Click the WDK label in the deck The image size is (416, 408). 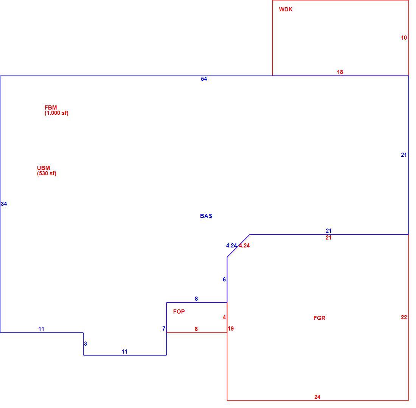pyautogui.click(x=286, y=9)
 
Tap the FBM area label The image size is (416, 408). pyautogui.click(x=50, y=107)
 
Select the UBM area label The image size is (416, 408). pyautogui.click(x=43, y=168)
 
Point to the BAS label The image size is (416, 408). pyautogui.click(x=206, y=216)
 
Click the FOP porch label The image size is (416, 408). pyautogui.click(x=179, y=312)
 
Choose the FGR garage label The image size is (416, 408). pyautogui.click(x=319, y=318)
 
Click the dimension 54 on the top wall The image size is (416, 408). pyautogui.click(x=204, y=79)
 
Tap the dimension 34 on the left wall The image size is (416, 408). pyautogui.click(x=4, y=204)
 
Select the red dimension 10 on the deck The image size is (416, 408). pyautogui.click(x=404, y=38)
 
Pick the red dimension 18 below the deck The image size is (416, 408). pyautogui.click(x=340, y=72)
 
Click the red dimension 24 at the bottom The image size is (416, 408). pyautogui.click(x=317, y=397)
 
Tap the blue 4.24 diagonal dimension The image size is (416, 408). pyautogui.click(x=231, y=246)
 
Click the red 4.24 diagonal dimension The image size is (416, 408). pyautogui.click(x=244, y=246)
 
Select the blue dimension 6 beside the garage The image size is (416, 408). pyautogui.click(x=224, y=280)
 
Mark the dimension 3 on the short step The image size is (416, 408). pyautogui.click(x=85, y=343)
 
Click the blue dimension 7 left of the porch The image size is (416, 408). pyautogui.click(x=164, y=328)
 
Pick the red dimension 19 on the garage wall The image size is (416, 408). pyautogui.click(x=231, y=328)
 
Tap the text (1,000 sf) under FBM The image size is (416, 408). pyautogui.click(x=56, y=113)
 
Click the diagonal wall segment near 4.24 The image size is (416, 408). pyautogui.click(x=239, y=246)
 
